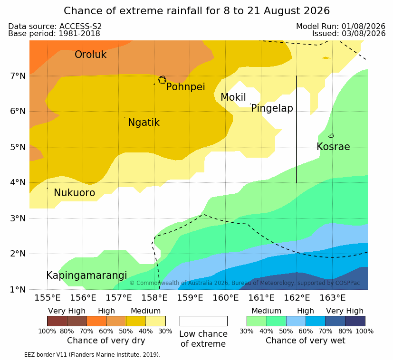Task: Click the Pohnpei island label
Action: (185, 87)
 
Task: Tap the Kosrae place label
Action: (333, 147)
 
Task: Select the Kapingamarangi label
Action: (86, 275)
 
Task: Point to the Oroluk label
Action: (90, 55)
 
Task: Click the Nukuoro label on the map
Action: (75, 193)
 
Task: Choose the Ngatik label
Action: (144, 123)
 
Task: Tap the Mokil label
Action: (233, 97)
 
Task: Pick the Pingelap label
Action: (272, 108)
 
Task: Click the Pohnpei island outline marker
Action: (162, 80)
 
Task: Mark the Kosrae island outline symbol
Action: (331, 136)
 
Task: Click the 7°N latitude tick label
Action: (18, 76)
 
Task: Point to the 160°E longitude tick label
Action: (226, 298)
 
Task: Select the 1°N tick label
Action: (18, 290)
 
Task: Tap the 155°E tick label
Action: (48, 298)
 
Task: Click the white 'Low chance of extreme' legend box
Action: (203, 321)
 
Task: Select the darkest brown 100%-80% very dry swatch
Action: (57, 321)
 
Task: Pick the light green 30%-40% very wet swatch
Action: (257, 321)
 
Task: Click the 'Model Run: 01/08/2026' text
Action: (341, 26)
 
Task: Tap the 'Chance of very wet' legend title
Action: (305, 341)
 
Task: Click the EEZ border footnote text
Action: (82, 355)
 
